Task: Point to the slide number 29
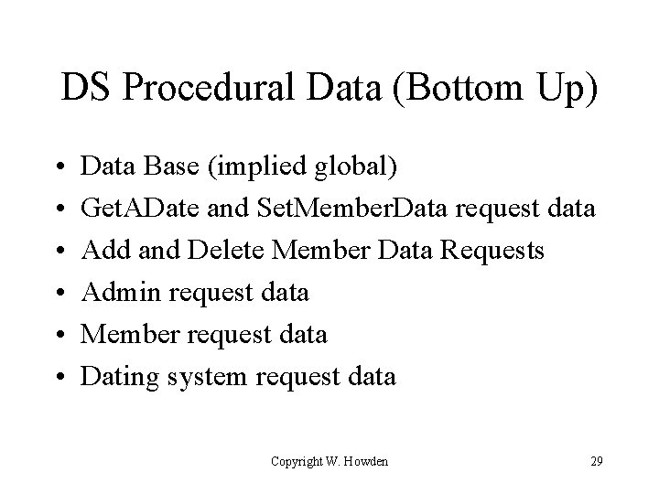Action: point(596,461)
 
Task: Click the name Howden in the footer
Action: point(365,461)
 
